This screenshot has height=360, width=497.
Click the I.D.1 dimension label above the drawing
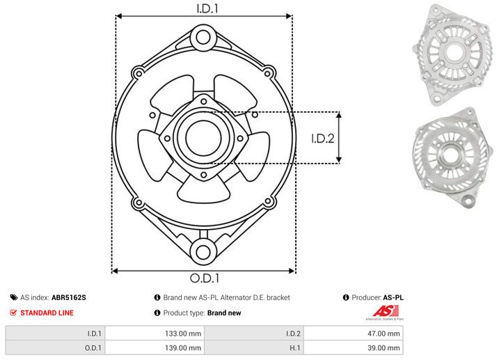203,8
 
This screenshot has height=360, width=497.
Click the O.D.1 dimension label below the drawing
203,279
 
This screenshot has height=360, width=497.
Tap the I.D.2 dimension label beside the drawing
323,138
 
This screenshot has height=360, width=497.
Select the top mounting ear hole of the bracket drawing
203,36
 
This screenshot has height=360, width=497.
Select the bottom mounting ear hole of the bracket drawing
203,251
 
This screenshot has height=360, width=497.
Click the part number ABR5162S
69,297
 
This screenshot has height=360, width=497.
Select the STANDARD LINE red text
47,313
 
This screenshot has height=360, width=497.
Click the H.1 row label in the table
294,347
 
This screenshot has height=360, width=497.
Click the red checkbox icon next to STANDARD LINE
13,313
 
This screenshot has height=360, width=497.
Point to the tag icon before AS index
13,297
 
